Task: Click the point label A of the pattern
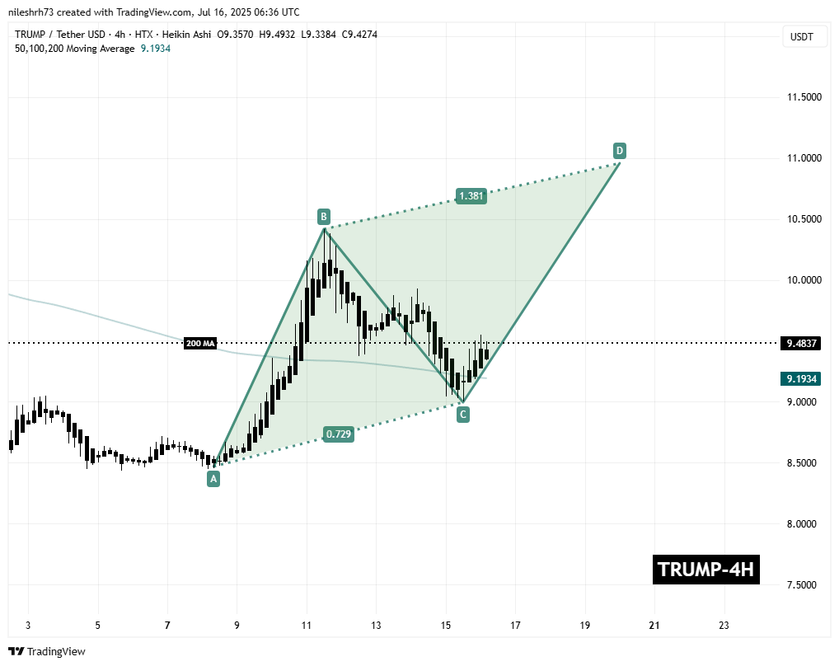pos(213,479)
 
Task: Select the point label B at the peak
pos(324,217)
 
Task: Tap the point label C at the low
pos(463,414)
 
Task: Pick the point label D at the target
pos(619,150)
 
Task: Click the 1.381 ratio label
pos(471,196)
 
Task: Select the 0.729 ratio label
pos(339,434)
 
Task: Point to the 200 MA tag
pos(200,343)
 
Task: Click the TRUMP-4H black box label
pos(705,570)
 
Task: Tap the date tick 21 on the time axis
pos(654,625)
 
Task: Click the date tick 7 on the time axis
pos(167,625)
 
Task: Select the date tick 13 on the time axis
pos(376,625)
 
